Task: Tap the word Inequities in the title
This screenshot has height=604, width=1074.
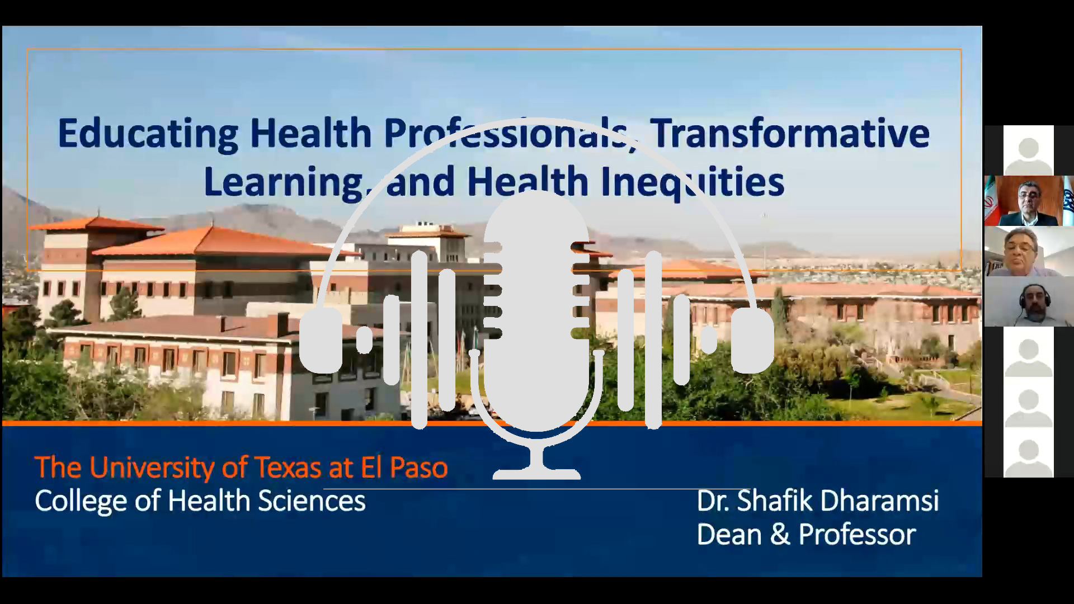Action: [x=692, y=182]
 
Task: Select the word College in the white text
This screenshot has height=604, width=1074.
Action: [x=82, y=501]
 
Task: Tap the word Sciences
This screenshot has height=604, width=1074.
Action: [x=312, y=501]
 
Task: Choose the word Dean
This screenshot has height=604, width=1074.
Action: [x=729, y=534]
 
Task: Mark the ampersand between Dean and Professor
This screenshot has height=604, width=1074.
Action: [x=780, y=535]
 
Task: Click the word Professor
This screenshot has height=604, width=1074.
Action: [x=857, y=534]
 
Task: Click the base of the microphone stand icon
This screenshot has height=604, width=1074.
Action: [x=536, y=474]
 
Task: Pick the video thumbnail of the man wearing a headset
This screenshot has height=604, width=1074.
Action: [x=1029, y=301]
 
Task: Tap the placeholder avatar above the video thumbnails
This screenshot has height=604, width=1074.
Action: [x=1028, y=150]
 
